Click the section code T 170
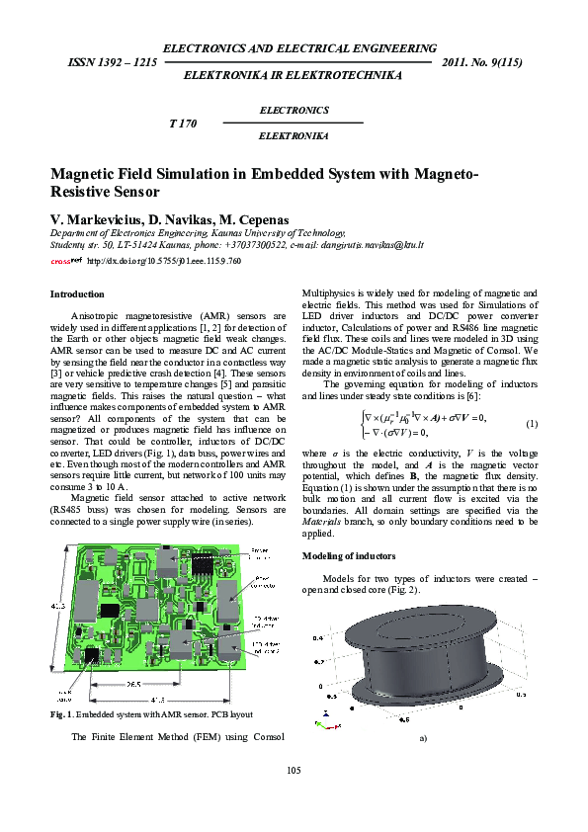pos(184,124)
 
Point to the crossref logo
pos(65,261)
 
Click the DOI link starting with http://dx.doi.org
pos(164,261)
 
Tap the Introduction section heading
pos(77,293)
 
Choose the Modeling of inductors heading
pos(348,556)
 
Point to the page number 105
pos(294,770)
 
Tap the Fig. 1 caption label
pos(61,713)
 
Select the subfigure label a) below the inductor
pos(423,737)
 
